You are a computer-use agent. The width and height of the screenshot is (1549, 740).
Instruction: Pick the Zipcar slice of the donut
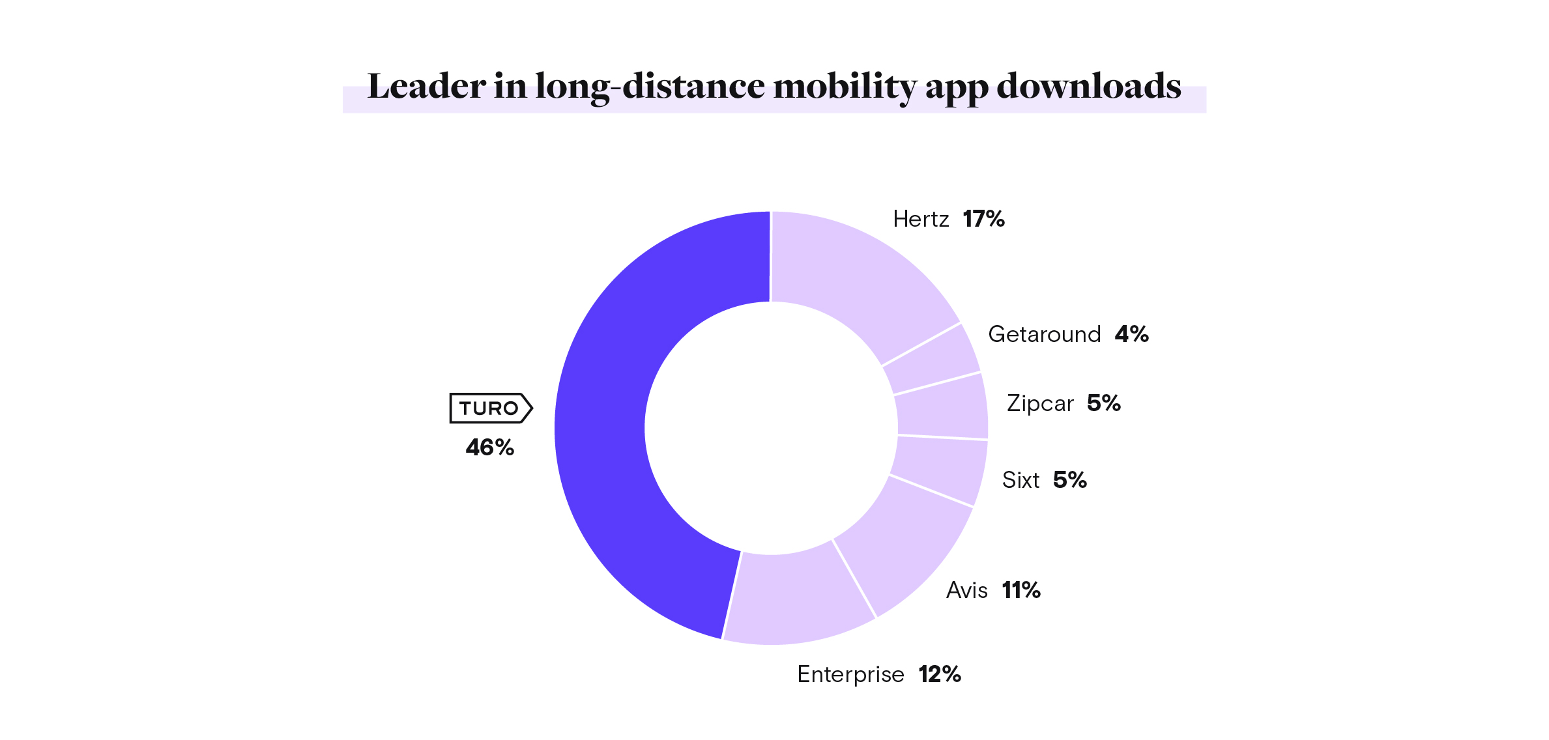[942, 405]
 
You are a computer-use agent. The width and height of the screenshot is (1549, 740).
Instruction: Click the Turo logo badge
[491, 408]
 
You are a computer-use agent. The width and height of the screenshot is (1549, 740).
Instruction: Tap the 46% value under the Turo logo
[490, 448]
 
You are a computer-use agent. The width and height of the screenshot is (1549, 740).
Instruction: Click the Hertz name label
[921, 219]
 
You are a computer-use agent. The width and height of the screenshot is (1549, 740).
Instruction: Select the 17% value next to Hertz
[983, 219]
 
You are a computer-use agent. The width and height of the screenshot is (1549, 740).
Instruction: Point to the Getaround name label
[1044, 334]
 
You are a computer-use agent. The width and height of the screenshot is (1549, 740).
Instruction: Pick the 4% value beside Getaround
[1131, 334]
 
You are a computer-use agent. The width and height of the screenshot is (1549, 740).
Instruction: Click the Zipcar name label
[1040, 403]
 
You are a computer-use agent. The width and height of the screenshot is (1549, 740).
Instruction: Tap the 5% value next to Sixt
[1070, 480]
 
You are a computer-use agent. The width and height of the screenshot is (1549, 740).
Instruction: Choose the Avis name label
[967, 590]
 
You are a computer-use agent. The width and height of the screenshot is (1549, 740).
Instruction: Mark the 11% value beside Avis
[1021, 590]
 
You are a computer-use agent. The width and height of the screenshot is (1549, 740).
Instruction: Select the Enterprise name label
[850, 674]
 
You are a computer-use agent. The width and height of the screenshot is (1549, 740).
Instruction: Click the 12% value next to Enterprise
[940, 674]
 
